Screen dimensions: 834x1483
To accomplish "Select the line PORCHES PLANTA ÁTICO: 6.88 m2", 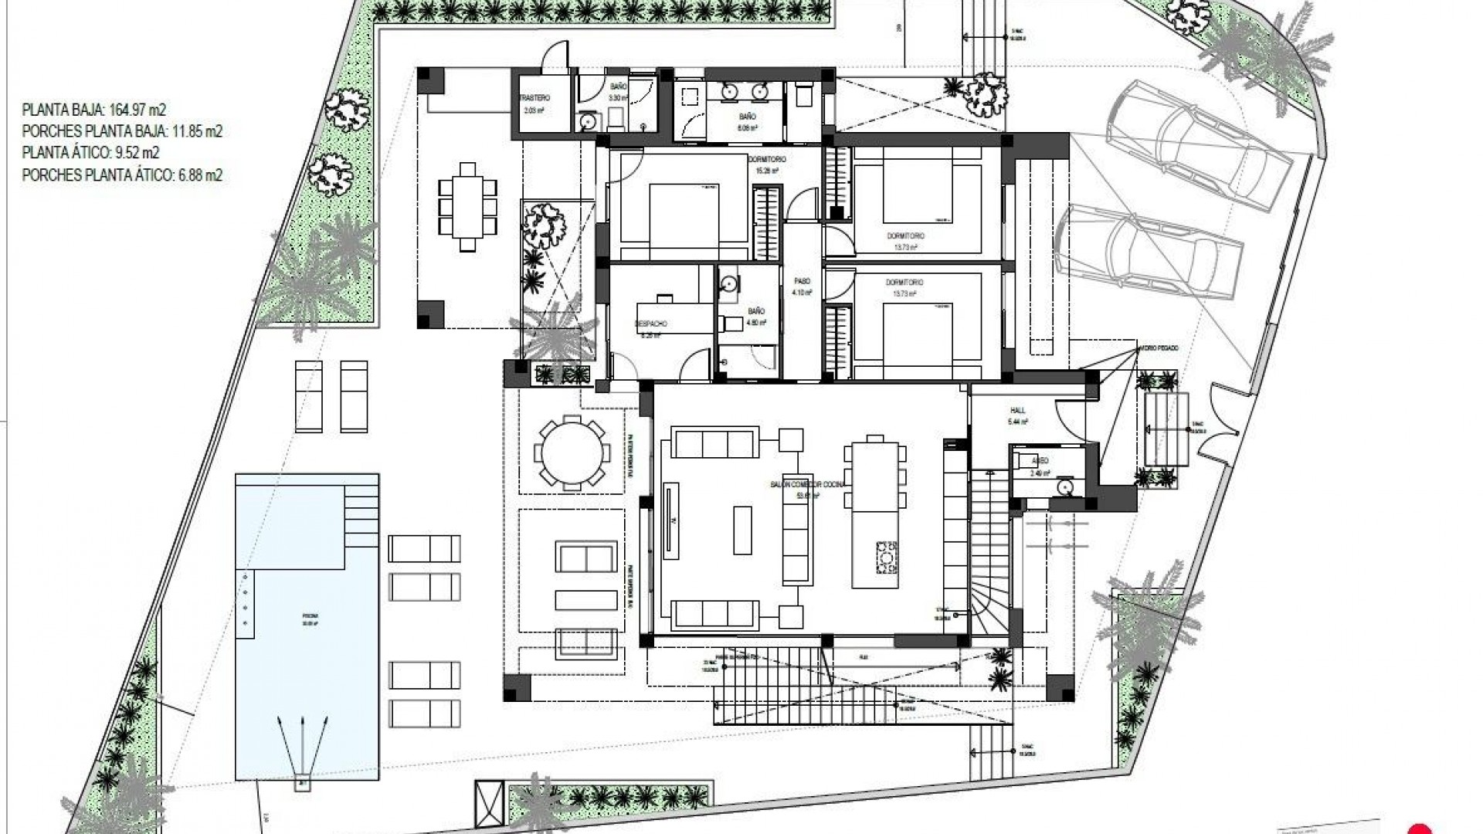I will click(122, 175).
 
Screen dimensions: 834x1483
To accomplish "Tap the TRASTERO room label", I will click(534, 99).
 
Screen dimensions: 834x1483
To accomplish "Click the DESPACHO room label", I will click(651, 324).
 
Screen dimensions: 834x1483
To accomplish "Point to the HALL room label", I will click(1017, 410).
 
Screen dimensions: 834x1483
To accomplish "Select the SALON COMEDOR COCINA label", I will click(807, 484).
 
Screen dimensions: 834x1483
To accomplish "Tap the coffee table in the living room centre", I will click(742, 530).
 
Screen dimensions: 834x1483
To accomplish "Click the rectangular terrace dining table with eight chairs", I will click(467, 206).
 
